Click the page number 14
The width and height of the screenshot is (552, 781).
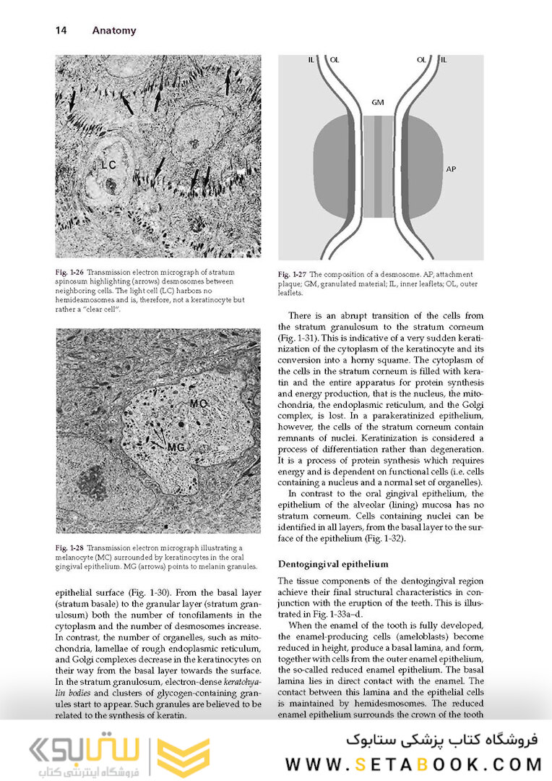click(x=61, y=31)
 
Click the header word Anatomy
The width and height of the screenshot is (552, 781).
click(x=114, y=31)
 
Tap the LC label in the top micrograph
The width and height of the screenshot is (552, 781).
click(x=108, y=166)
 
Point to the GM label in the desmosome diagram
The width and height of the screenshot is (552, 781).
click(x=378, y=103)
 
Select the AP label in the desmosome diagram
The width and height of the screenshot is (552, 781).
click(x=451, y=169)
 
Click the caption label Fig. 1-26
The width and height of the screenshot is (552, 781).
click(x=71, y=272)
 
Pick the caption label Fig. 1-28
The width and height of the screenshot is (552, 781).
click(x=71, y=549)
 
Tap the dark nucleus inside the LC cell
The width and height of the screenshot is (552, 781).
click(x=111, y=184)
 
